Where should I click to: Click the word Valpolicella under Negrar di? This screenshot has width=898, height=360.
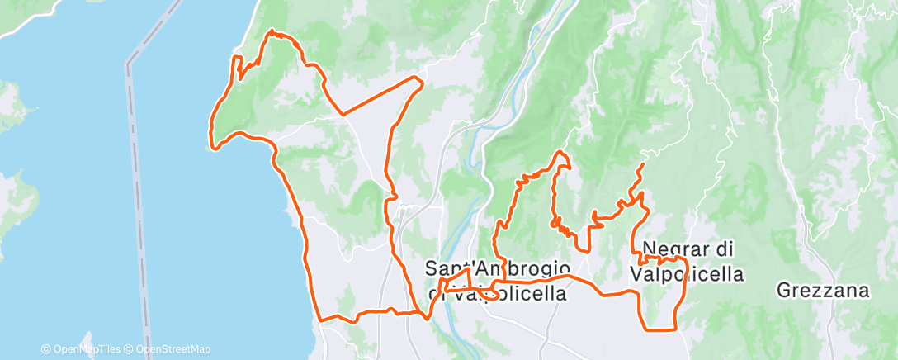coord(687,272)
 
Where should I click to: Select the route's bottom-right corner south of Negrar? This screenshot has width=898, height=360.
coord(676,329)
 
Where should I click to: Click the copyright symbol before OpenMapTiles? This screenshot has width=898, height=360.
coord(46,349)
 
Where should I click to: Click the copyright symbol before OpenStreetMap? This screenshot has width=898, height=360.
coord(130,349)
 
